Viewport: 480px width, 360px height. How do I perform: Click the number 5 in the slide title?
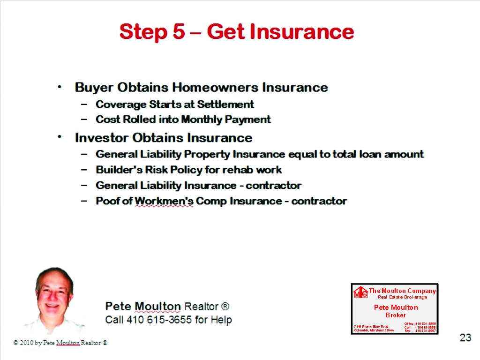tap(177, 32)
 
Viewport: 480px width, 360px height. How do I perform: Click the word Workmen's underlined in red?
tap(164, 201)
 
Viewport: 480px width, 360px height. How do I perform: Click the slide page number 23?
tap(465, 337)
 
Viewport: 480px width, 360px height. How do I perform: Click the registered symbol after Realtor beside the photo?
tap(225, 307)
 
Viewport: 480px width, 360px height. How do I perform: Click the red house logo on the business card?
tap(360, 292)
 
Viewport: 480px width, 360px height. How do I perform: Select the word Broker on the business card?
tap(396, 315)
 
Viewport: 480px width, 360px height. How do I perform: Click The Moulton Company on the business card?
tap(402, 291)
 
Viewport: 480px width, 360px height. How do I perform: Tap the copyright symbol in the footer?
tap(15, 343)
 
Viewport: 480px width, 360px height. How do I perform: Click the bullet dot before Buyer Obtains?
tap(59, 87)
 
